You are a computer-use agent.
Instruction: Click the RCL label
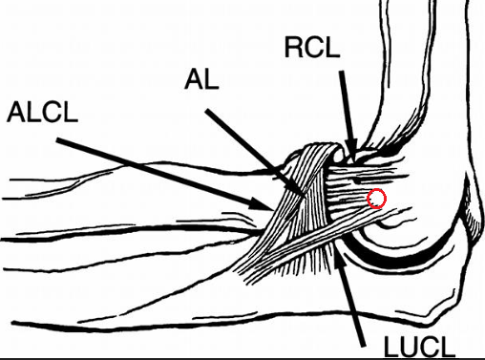coord(312,47)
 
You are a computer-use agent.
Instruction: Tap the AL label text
coord(201,79)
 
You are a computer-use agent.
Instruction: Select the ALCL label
coord(42,112)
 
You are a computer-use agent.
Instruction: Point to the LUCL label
coord(419,347)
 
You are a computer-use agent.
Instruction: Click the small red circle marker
coord(377,199)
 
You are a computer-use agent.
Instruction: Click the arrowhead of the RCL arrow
coord(351,150)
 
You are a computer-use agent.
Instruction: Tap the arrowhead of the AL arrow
coord(298,188)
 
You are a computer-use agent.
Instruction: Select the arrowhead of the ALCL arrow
coord(262,204)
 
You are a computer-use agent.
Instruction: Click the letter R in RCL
coord(294,47)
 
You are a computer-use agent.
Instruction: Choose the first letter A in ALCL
coord(16,112)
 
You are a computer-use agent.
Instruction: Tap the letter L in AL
coord(211,79)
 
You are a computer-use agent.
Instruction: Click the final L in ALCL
coord(71,112)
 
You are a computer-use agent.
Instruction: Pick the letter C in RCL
coord(314,47)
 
